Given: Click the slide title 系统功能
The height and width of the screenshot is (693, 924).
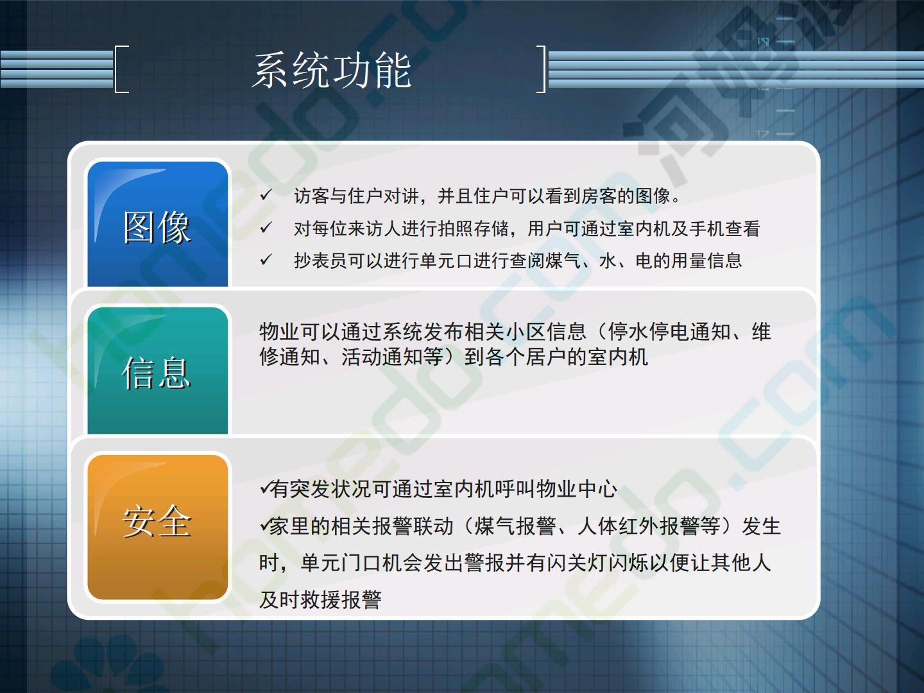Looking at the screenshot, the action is [x=332, y=71].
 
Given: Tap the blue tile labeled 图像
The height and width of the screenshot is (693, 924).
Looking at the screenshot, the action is [x=157, y=224].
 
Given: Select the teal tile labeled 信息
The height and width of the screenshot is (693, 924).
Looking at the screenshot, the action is [x=157, y=370].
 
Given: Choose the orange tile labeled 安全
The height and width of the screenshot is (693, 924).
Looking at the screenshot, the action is [x=157, y=527].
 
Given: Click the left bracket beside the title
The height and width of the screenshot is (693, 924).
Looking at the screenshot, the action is [x=116, y=69].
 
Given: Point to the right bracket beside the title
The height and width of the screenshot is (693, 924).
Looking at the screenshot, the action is [x=544, y=69].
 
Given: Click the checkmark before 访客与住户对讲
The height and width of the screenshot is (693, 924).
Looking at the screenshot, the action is [x=266, y=195].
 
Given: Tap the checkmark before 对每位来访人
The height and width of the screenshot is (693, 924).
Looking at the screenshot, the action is [x=266, y=228].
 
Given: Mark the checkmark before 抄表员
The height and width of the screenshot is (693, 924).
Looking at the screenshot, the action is [x=266, y=260].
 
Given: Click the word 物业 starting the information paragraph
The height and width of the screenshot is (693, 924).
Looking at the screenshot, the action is [x=280, y=332].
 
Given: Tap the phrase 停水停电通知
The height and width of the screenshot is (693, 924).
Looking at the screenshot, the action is [x=669, y=332].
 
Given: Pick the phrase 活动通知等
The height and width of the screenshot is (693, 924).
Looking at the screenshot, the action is [x=392, y=357].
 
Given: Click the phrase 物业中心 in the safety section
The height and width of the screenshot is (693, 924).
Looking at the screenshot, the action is [x=576, y=489].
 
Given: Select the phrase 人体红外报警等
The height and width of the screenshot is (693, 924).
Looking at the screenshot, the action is [x=649, y=526].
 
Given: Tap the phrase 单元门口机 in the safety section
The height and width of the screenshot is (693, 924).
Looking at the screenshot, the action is [x=351, y=563].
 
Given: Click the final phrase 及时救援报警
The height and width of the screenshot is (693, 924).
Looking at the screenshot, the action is [x=320, y=599].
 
